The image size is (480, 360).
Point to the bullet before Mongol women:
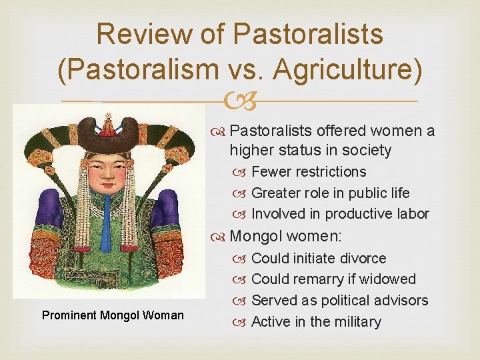[x=221, y=235]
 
